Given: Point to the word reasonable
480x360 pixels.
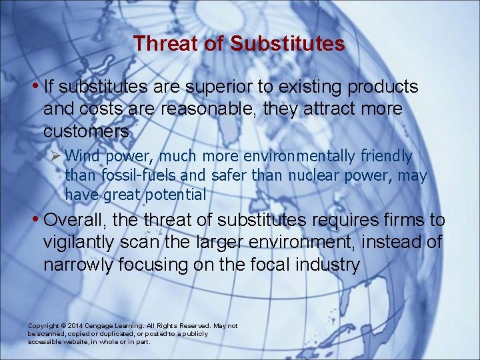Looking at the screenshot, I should pos(211,109).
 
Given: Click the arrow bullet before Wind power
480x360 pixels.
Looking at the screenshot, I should pos(57,157).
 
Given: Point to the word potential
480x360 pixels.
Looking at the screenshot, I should pos(175,195).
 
